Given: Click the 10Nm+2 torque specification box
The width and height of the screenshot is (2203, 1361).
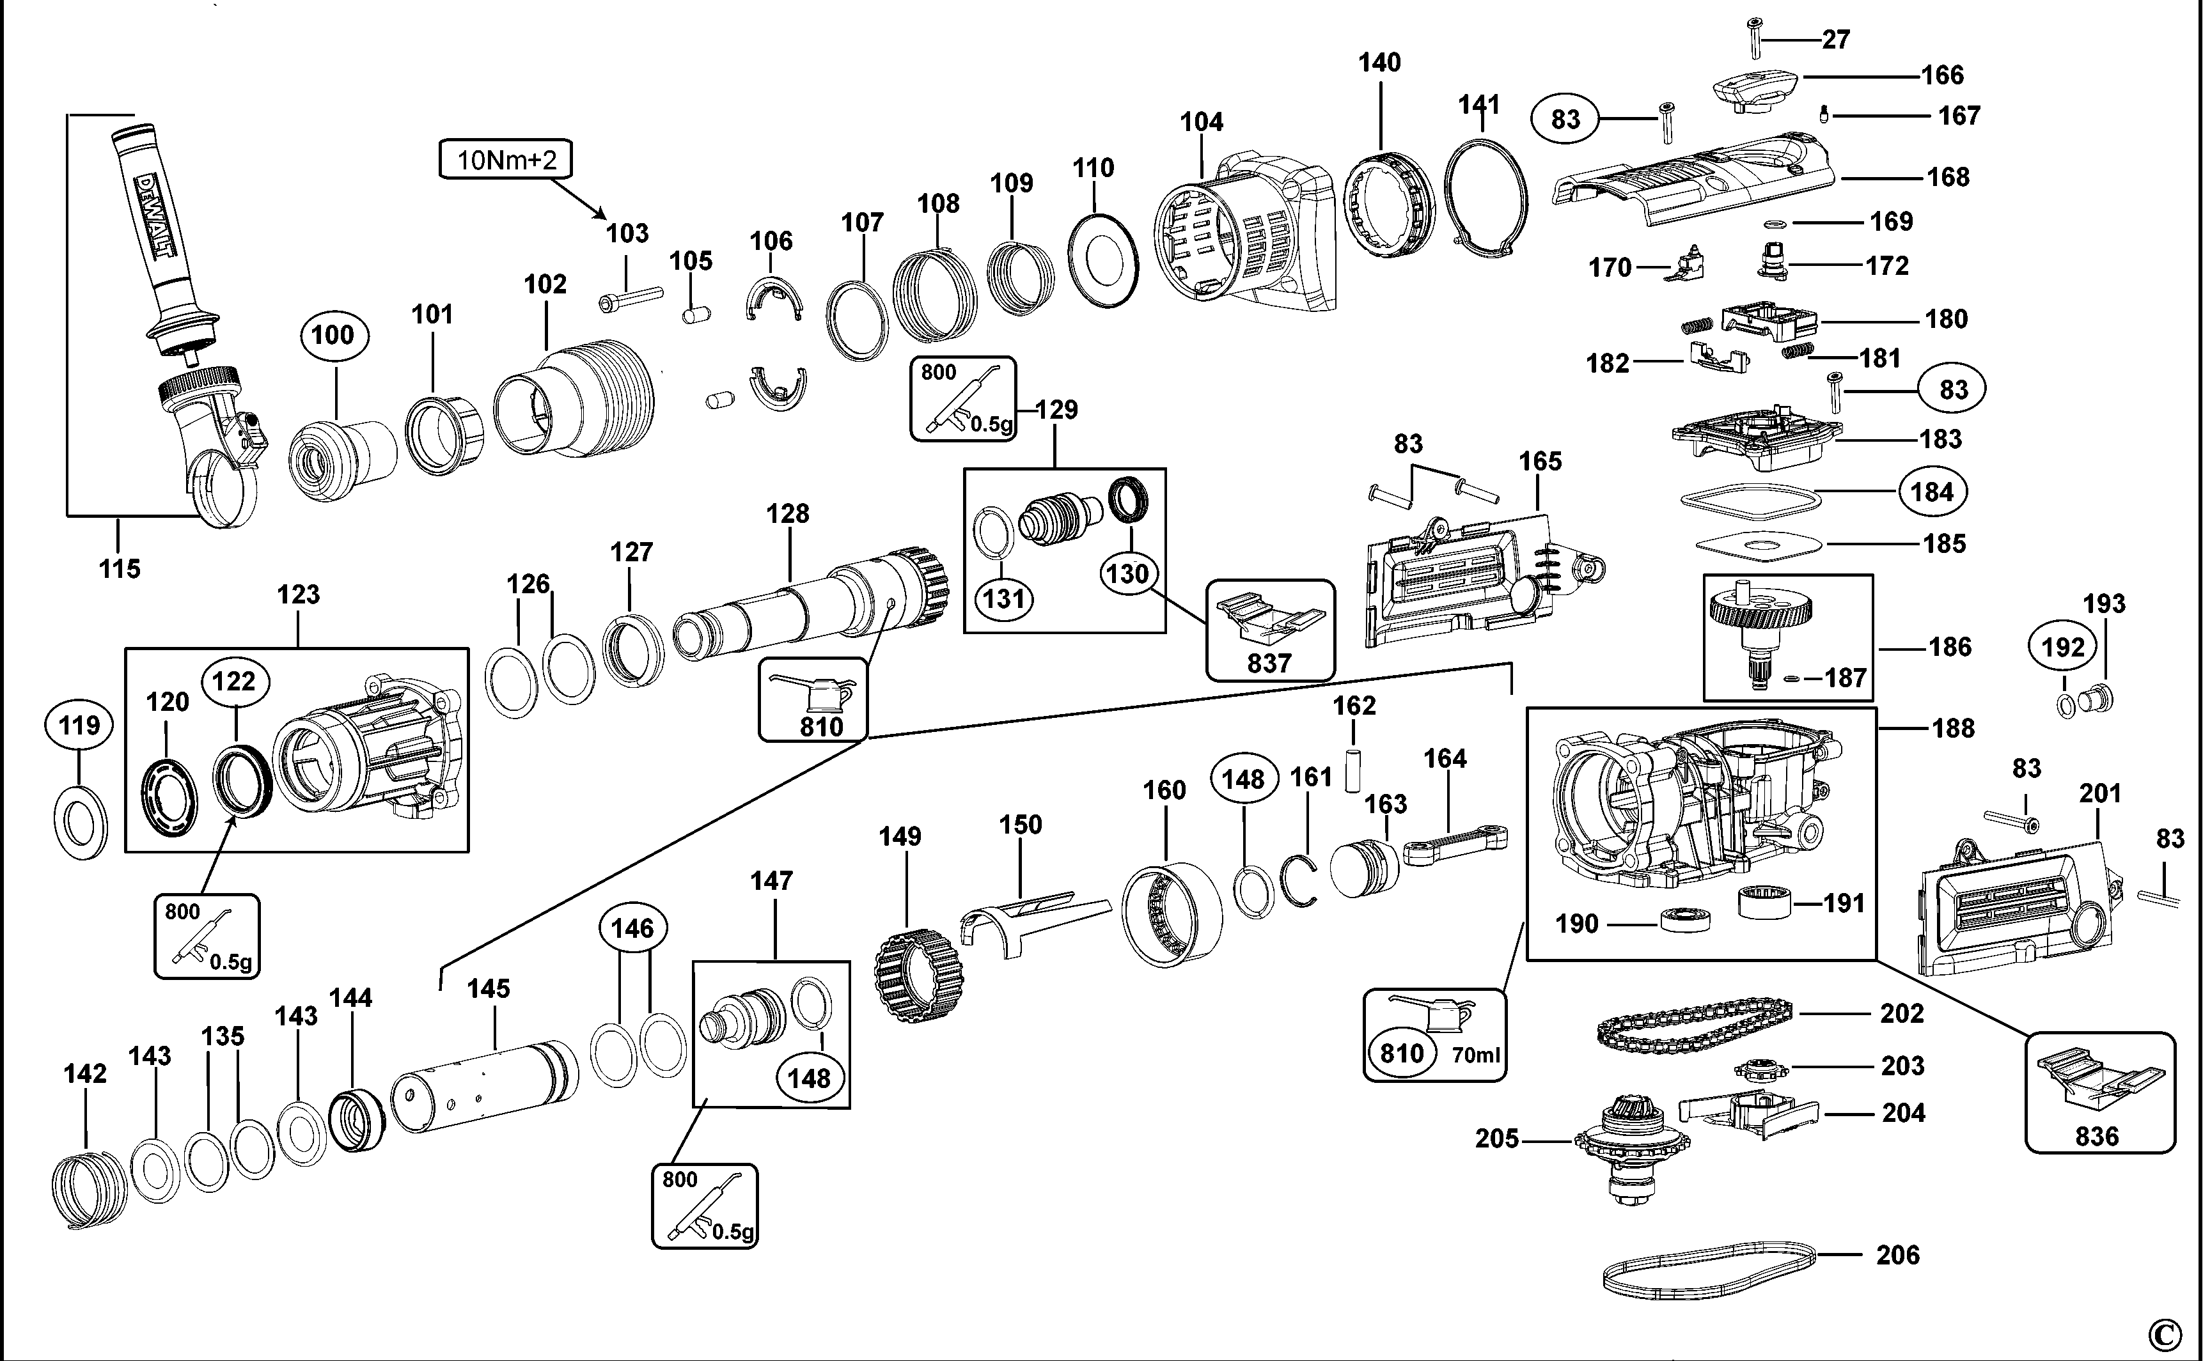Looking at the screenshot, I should pyautogui.click(x=505, y=160).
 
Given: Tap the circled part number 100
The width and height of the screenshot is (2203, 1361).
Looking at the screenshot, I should pyautogui.click(x=333, y=335).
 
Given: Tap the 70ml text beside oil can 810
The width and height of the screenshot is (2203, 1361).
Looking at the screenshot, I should pyautogui.click(x=1475, y=1055).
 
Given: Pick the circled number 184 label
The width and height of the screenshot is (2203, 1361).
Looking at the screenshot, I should pyautogui.click(x=1932, y=492).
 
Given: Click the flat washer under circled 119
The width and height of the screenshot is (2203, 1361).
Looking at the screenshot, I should pyautogui.click(x=81, y=819).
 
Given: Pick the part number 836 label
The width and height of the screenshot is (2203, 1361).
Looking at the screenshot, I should pyautogui.click(x=2097, y=1136).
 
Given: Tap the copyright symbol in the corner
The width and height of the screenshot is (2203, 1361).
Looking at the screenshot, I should pyautogui.click(x=2165, y=1334).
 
